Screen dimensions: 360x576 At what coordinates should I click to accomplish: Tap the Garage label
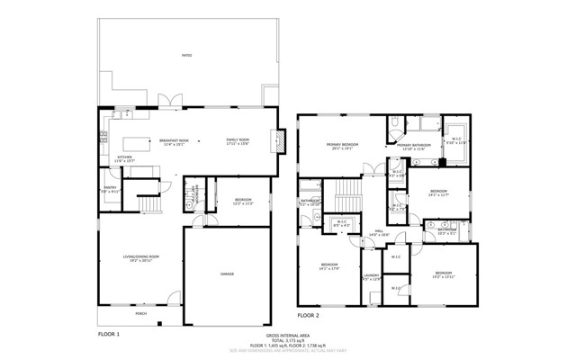(x=226, y=273)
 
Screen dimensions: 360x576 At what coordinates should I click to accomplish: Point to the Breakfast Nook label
(x=174, y=141)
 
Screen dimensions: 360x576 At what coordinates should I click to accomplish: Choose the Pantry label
(x=109, y=190)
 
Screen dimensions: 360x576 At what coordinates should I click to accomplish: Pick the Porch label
(x=140, y=314)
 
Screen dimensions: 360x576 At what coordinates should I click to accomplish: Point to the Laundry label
(x=372, y=277)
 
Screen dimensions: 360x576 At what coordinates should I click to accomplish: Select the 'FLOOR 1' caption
(x=108, y=333)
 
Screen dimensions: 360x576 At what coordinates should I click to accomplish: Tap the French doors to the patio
(x=164, y=100)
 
